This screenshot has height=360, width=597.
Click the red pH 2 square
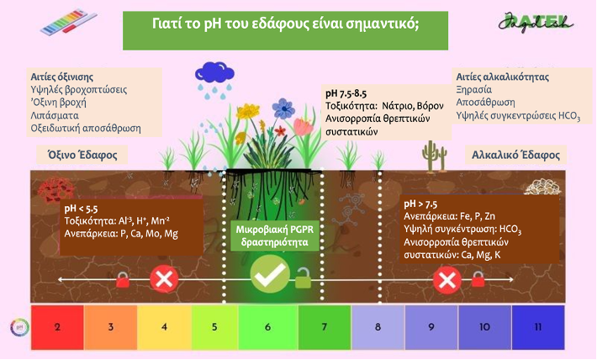click(x=57, y=327)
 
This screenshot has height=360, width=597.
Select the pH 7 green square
click(x=325, y=327)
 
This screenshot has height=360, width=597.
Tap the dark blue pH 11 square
click(x=538, y=327)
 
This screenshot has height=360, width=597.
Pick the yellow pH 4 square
click(x=164, y=327)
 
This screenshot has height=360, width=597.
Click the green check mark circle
click(x=270, y=274)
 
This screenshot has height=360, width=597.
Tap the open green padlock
click(x=303, y=278)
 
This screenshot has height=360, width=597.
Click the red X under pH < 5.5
click(x=164, y=279)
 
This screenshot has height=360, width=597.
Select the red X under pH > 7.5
click(x=447, y=280)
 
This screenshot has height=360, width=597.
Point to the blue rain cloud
click(x=214, y=72)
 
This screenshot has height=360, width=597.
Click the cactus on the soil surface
click(x=434, y=156)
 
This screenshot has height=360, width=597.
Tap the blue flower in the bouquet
click(x=283, y=109)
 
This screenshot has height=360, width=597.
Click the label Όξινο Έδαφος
click(x=82, y=155)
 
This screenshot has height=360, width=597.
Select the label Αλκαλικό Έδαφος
click(x=516, y=155)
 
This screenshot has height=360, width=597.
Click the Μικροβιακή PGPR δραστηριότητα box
click(x=274, y=236)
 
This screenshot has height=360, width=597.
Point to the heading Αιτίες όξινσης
click(x=62, y=77)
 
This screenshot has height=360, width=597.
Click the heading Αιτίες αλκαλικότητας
click(x=503, y=77)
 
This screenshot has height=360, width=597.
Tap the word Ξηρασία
click(x=474, y=90)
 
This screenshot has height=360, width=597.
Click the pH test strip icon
click(x=69, y=22)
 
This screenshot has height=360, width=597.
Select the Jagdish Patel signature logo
click(x=536, y=22)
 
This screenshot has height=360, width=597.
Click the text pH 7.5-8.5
click(x=346, y=93)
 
